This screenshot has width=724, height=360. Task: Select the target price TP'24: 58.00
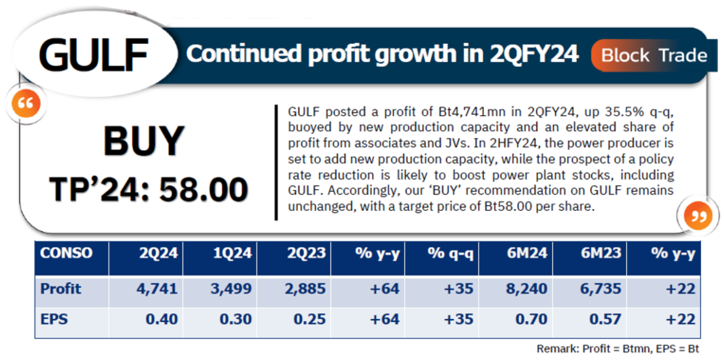[x=148, y=189]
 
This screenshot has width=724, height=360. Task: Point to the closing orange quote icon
[x=697, y=215]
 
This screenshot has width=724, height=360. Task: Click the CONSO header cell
[x=66, y=253]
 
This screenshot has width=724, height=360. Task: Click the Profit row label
[x=61, y=289]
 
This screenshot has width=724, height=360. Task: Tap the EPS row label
[x=54, y=319]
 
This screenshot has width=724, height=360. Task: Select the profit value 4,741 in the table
[x=158, y=289]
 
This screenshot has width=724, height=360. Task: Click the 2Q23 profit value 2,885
[x=307, y=289]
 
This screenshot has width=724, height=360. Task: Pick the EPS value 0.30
[x=237, y=319]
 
